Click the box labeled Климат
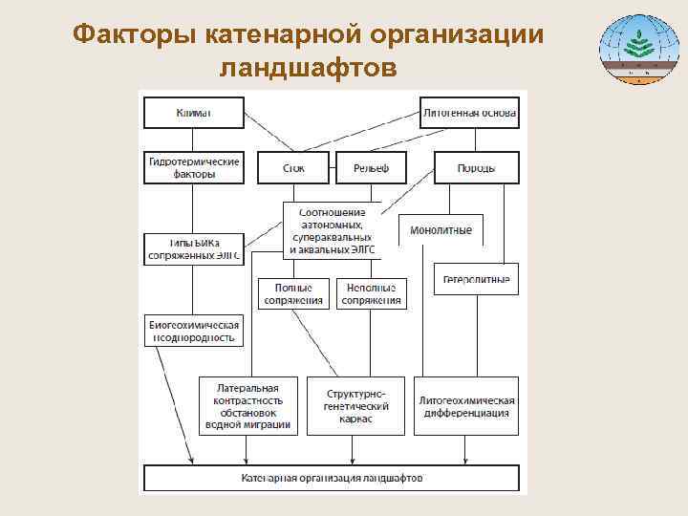click(x=193, y=113)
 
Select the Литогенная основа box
click(x=469, y=113)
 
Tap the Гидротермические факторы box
click(x=193, y=167)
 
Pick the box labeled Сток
click(x=293, y=168)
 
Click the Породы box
click(x=476, y=168)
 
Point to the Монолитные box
click(x=441, y=230)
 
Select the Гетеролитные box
click(x=476, y=279)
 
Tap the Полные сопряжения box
click(x=293, y=293)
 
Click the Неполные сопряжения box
click(x=371, y=293)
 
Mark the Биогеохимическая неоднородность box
click(x=193, y=331)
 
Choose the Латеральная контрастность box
click(x=247, y=406)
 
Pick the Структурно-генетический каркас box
click(x=355, y=406)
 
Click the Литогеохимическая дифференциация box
click(x=466, y=406)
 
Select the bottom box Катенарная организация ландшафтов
click(x=331, y=478)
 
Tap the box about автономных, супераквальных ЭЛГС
click(x=331, y=230)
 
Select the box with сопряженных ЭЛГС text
click(x=193, y=248)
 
